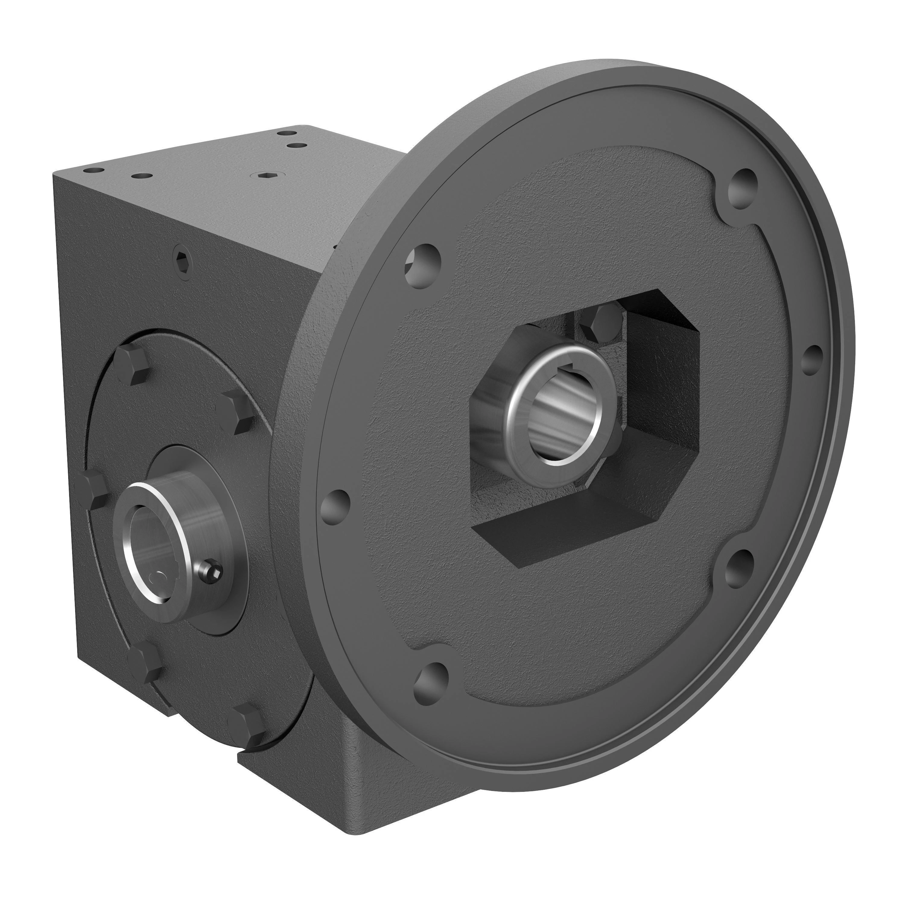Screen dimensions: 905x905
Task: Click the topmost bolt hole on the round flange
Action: pos(744,186)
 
